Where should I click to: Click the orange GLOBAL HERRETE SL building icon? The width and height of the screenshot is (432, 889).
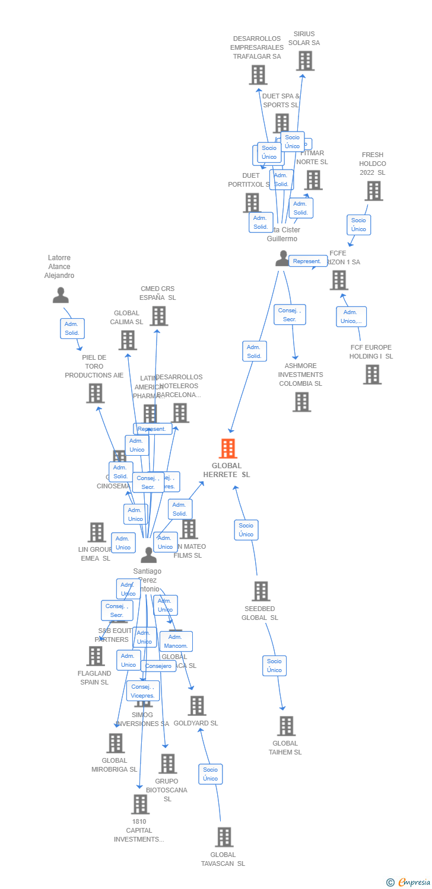(228, 449)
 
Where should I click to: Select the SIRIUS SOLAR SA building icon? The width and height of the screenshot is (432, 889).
(305, 61)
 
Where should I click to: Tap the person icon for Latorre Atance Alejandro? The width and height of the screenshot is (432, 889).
(61, 295)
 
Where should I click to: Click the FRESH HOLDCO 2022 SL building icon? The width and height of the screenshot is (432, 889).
(373, 191)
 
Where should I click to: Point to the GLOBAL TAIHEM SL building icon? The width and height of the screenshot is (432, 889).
(286, 726)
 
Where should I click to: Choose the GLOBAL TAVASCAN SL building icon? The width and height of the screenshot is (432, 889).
(224, 837)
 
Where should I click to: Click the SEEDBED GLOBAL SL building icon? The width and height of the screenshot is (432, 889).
(261, 591)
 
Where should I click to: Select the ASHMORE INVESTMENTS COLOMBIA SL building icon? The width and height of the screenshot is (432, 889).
(301, 402)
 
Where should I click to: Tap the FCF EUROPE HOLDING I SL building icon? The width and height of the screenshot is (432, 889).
(372, 375)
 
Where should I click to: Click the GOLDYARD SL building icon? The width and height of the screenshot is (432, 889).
(197, 706)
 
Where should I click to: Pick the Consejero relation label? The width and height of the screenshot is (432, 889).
(158, 666)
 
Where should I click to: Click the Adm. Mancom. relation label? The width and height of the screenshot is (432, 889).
(176, 641)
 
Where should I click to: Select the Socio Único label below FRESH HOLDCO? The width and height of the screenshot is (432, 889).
(358, 225)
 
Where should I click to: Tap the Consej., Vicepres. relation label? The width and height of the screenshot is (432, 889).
(143, 691)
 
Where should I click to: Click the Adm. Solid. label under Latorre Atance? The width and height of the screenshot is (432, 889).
(72, 328)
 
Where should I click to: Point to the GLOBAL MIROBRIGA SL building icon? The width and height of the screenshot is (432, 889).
(115, 743)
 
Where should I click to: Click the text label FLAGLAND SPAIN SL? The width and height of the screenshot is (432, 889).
(94, 677)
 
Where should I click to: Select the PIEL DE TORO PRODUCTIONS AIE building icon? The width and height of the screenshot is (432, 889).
(95, 393)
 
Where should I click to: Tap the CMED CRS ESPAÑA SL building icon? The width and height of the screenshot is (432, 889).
(158, 316)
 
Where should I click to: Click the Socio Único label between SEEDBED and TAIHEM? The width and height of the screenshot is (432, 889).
(274, 666)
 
